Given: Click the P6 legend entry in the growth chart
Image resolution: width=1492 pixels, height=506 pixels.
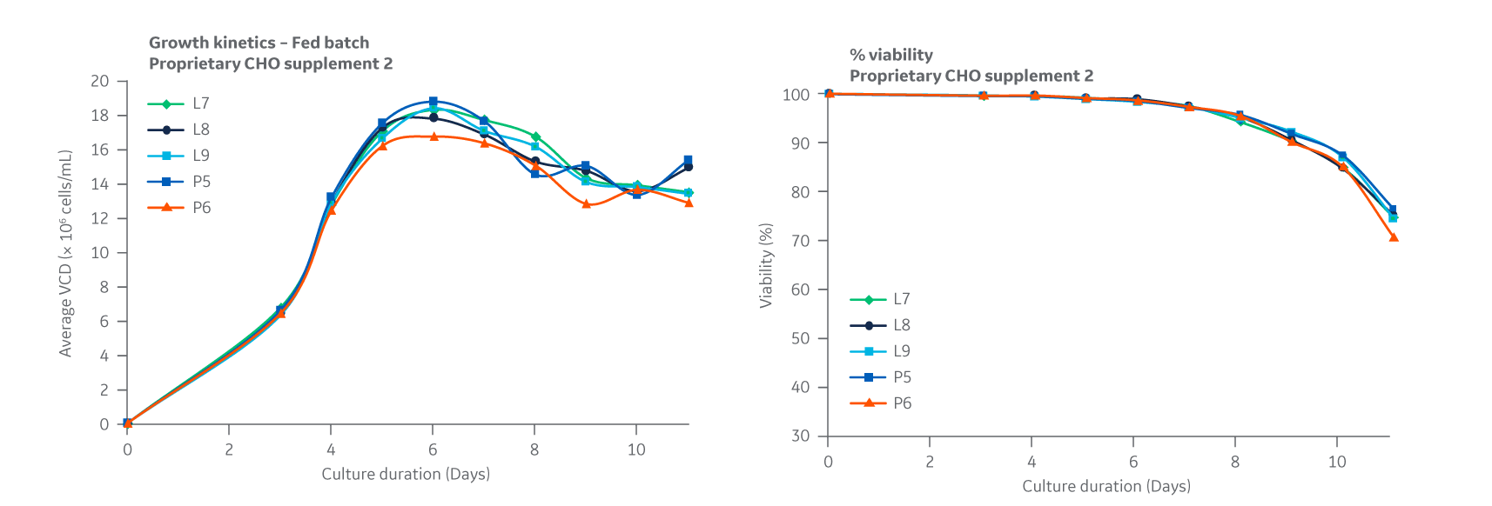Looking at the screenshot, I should click(x=180, y=208).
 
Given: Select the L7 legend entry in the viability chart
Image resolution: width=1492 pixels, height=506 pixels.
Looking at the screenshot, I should click(x=881, y=299).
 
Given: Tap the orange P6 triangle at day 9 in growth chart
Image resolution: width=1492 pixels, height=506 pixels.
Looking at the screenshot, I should click(x=586, y=204).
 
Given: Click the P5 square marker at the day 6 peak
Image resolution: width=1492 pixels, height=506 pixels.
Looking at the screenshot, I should click(x=433, y=102).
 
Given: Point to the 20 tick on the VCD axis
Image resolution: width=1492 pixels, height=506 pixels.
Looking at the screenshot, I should click(x=100, y=81).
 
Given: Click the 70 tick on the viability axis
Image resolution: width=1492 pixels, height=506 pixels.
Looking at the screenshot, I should click(x=800, y=241).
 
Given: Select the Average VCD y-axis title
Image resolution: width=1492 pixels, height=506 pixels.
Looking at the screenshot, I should click(x=65, y=253).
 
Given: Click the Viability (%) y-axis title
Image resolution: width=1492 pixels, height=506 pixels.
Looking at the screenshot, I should click(x=766, y=265).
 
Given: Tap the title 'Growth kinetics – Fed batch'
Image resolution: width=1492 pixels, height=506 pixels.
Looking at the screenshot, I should click(x=259, y=43).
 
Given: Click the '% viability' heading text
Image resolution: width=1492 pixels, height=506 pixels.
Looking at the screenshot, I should click(x=890, y=55).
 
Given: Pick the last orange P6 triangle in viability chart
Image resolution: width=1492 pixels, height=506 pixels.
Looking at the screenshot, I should click(x=1394, y=236).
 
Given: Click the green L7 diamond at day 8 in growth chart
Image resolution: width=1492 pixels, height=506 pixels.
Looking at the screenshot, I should click(x=535, y=137).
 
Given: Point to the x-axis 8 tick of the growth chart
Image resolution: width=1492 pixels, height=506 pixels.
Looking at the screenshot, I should click(x=534, y=449).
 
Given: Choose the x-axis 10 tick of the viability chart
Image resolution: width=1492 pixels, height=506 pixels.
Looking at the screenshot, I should click(x=1337, y=462).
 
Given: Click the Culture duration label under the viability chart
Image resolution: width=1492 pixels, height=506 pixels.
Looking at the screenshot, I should click(x=1106, y=486).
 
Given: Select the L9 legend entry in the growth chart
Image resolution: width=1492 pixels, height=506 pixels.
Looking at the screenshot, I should click(x=180, y=156).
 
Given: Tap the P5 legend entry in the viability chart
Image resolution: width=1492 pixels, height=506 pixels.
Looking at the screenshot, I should click(x=881, y=377).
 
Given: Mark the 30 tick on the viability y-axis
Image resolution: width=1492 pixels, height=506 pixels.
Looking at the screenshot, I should click(x=800, y=436).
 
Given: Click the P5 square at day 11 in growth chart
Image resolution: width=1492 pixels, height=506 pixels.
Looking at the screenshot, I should click(x=688, y=160).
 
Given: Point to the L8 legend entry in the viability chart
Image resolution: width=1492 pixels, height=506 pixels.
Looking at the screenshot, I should click(x=881, y=325).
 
